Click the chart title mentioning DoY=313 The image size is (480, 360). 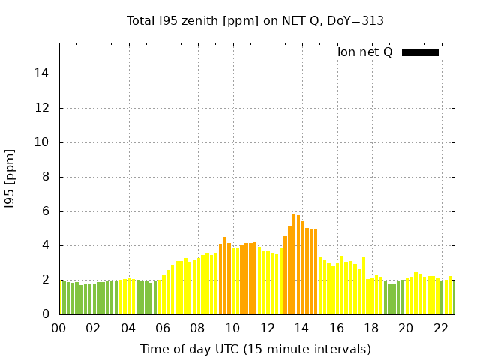point(255,21)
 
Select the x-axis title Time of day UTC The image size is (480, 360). point(255,349)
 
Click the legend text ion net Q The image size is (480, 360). point(364,52)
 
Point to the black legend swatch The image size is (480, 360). point(420,52)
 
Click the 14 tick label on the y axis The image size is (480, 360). point(43,73)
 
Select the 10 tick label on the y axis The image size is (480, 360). point(43,142)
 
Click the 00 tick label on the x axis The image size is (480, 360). point(58,328)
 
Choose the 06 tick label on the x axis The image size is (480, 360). point(163,328)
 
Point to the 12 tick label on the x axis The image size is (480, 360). point(267,328)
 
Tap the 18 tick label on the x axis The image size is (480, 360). point(371,328)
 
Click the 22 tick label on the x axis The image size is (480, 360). point(440,328)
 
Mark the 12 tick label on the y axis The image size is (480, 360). point(43,108)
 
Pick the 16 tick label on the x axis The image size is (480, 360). point(336,328)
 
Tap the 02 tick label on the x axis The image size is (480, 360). point(93,328)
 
